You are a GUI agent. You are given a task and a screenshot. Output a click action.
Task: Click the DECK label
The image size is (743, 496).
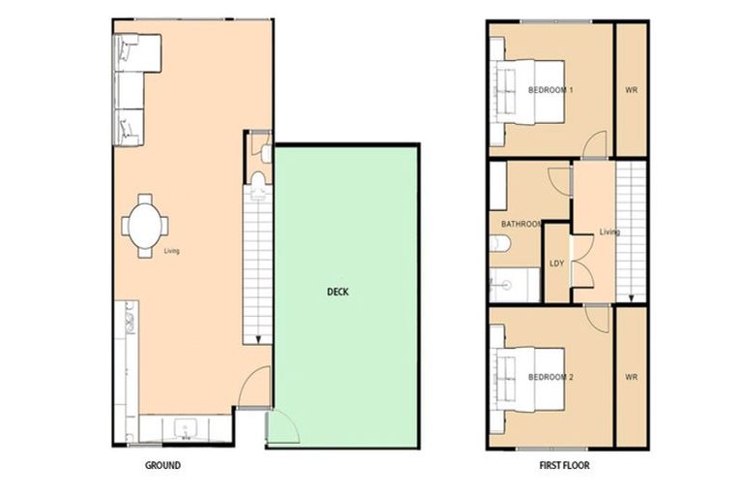click(338, 290)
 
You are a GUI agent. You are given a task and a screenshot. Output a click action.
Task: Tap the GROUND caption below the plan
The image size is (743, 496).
click(163, 466)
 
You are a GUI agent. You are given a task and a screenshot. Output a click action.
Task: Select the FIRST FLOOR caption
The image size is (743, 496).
click(564, 466)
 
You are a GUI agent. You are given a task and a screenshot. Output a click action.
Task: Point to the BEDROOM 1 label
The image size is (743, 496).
click(550, 90)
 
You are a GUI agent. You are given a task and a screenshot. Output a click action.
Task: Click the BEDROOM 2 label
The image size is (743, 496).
click(550, 376)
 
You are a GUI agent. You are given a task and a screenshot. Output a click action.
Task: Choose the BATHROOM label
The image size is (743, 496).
click(520, 224)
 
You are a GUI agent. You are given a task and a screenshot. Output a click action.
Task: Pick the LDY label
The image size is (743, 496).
click(556, 263)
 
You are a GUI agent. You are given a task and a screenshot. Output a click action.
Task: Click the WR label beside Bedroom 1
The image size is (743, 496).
click(631, 90)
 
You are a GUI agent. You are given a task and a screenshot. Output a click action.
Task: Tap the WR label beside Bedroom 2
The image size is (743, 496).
click(631, 376)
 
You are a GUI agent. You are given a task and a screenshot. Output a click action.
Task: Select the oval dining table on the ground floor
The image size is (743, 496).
click(145, 226)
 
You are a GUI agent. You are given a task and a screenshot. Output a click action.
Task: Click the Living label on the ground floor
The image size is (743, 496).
click(171, 251)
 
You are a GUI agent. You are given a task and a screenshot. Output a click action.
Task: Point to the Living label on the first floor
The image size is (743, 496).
click(609, 232)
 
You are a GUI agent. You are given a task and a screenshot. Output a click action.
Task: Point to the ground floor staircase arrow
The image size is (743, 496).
click(259, 338)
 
